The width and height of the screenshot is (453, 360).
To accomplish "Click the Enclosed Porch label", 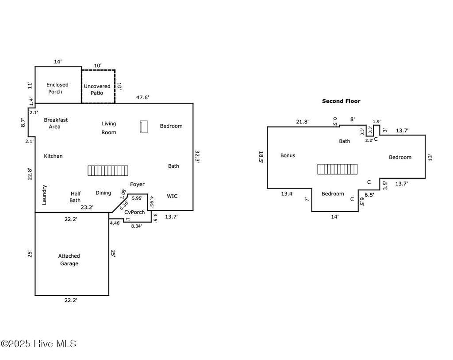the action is point(57,88).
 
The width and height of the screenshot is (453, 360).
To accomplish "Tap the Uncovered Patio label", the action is point(97,89).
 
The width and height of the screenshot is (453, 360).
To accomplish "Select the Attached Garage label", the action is point(69,259).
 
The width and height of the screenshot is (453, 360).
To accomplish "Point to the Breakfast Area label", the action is point(56,123).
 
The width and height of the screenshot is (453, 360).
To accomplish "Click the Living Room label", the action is point(109,128).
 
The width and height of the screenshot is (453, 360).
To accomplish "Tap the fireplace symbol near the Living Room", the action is point(144,127).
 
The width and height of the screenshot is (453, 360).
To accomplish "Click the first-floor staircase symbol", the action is point(108,170).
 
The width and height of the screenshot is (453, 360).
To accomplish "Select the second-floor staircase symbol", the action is point(337,169).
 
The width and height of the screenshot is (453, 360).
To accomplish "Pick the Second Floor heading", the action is point(341,101).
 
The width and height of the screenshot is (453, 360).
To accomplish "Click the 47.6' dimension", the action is point(142,97).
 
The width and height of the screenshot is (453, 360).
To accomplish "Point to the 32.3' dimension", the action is point(197,156).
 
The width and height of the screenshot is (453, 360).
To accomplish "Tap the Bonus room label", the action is point(288,155).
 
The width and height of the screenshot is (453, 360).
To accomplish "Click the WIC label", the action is point(172,196).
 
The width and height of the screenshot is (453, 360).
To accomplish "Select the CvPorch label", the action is point(134,212).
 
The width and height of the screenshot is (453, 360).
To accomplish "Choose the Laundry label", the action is point(44,195).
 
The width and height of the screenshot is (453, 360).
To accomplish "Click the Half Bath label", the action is point(75,197).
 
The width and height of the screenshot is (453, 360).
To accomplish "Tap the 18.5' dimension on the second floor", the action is point(261,157).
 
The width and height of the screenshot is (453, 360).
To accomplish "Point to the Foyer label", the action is point(137,185).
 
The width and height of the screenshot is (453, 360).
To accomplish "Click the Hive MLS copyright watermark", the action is point(38,344).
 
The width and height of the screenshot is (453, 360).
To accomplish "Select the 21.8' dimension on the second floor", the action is point(302,122).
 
